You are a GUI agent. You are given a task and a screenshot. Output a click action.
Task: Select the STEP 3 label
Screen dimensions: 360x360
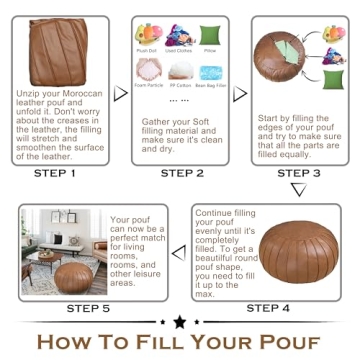pos(297,173)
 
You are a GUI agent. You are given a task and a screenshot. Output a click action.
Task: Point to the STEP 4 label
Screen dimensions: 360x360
pos(268,307)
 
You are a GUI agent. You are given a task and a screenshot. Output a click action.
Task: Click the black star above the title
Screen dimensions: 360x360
pos(179,322)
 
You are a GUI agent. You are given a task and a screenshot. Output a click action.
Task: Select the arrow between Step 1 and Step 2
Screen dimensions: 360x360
pos(121,93)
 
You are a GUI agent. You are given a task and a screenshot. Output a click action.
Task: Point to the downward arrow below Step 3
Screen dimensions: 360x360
pos(297,189)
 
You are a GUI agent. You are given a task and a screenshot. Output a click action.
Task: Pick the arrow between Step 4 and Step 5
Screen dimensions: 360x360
pos(180,252)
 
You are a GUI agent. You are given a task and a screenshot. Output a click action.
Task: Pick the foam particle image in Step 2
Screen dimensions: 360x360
pos(148,73)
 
